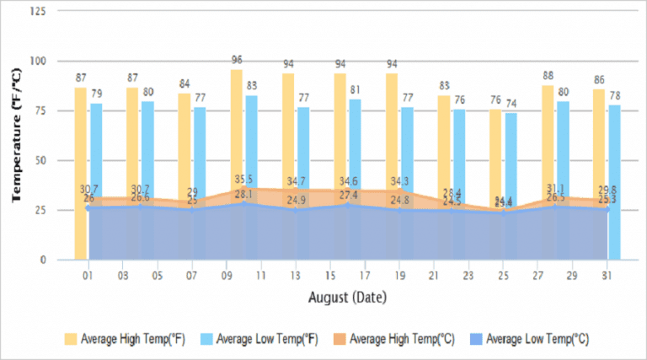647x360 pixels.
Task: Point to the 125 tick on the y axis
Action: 39,12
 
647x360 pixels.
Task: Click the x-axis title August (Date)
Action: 347,298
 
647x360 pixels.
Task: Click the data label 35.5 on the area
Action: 244,180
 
